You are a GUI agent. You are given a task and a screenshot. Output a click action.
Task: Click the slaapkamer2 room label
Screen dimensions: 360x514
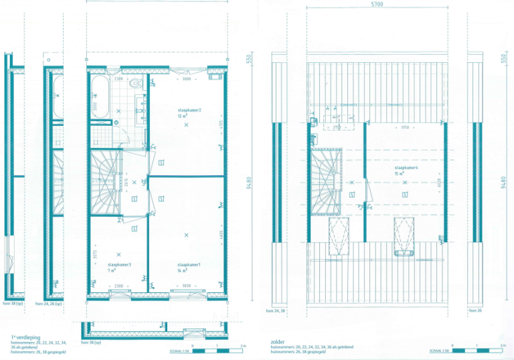pyautogui.click(x=189, y=110)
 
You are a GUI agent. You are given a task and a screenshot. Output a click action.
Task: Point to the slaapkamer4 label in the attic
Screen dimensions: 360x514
pyautogui.click(x=406, y=168)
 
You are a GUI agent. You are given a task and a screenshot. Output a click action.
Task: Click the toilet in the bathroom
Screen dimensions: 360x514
pyautogui.click(x=135, y=84)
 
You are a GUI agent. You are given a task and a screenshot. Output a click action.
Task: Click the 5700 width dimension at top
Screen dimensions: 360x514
pyautogui.click(x=377, y=4)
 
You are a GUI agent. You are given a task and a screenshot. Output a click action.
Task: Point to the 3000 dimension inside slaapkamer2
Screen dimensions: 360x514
pyautogui.click(x=187, y=80)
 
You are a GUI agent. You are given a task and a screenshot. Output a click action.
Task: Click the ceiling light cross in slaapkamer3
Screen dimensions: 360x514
pyautogui.click(x=118, y=254)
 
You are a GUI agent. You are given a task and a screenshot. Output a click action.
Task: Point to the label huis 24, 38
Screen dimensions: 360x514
pyautogui.click(x=275, y=311)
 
